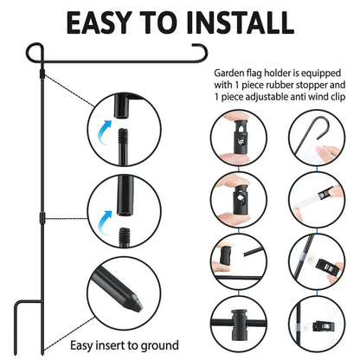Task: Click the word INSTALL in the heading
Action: coord(240,22)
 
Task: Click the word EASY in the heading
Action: coord(98,22)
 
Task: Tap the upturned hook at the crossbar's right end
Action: coord(201,52)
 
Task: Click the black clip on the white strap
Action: coord(325,193)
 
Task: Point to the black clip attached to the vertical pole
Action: coord(325,326)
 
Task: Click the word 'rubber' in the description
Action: coord(274,85)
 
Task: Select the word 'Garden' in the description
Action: coord(229,74)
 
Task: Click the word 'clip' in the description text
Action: coord(337,96)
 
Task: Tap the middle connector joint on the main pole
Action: coord(42,217)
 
